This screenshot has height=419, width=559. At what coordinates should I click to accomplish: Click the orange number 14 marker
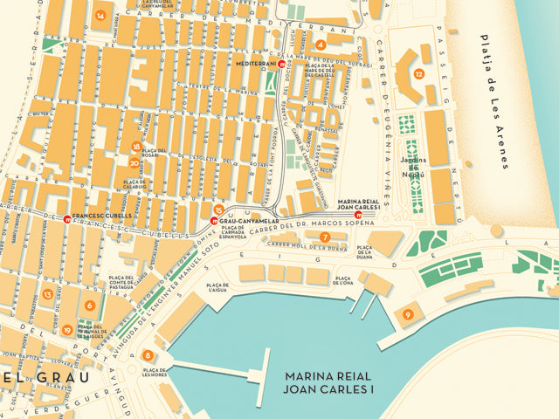[100, 16]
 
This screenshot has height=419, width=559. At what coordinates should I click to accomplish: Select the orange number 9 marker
[408, 314]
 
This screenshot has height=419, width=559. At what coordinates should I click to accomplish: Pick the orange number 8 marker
[148, 355]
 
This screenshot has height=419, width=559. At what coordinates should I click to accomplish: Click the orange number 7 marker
[324, 237]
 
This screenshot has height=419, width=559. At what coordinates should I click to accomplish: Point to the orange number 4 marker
[321, 44]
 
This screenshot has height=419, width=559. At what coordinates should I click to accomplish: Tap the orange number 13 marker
[46, 294]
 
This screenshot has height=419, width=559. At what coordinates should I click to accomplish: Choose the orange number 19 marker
[67, 330]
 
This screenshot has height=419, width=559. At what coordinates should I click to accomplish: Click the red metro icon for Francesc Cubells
[67, 216]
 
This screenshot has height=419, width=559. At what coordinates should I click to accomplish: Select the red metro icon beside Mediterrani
[281, 64]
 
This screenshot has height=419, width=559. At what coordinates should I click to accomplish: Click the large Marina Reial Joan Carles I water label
[328, 382]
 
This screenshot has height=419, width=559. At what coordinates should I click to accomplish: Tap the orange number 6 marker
[89, 306]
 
